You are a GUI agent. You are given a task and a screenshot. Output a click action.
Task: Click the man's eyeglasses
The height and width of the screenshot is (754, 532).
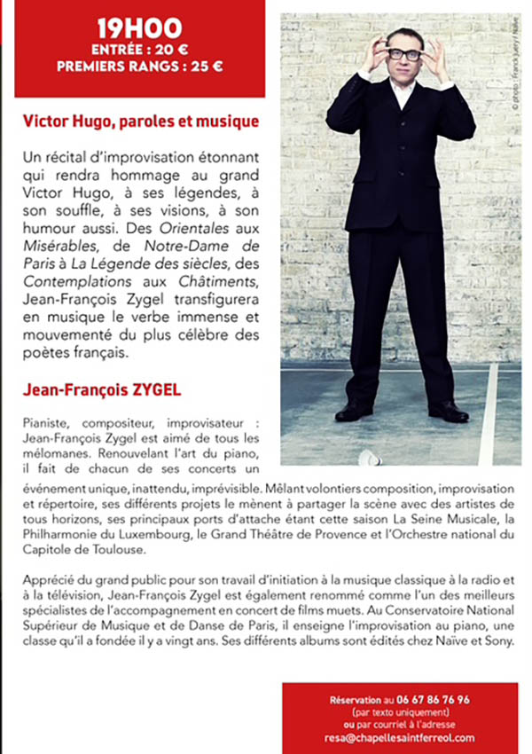[x=403, y=54]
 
